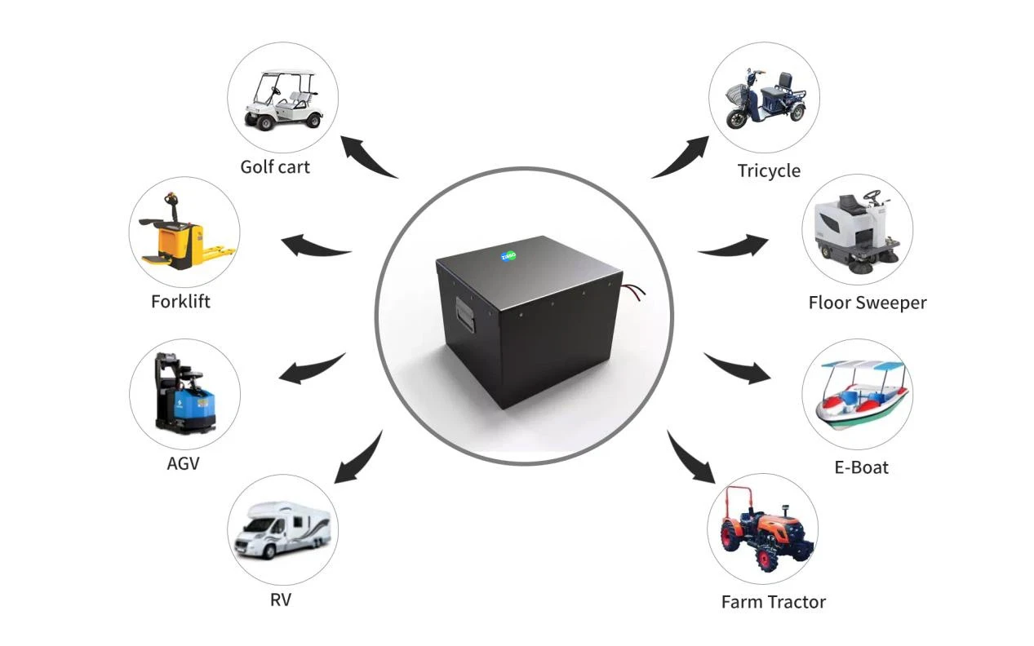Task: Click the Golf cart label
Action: click(275, 167)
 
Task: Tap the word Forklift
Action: click(180, 302)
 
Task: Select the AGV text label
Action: click(184, 463)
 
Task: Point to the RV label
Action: click(281, 600)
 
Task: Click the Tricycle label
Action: click(769, 171)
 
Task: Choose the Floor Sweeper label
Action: click(868, 303)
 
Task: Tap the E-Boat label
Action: click(861, 467)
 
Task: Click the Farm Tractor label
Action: click(774, 602)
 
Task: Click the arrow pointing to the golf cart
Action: click(365, 157)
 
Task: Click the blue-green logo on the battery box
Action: click(508, 255)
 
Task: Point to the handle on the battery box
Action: click(465, 315)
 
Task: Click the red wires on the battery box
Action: click(633, 292)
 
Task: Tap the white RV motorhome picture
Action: click(283, 530)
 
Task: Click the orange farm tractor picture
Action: click(766, 529)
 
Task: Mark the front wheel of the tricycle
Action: click(738, 118)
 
